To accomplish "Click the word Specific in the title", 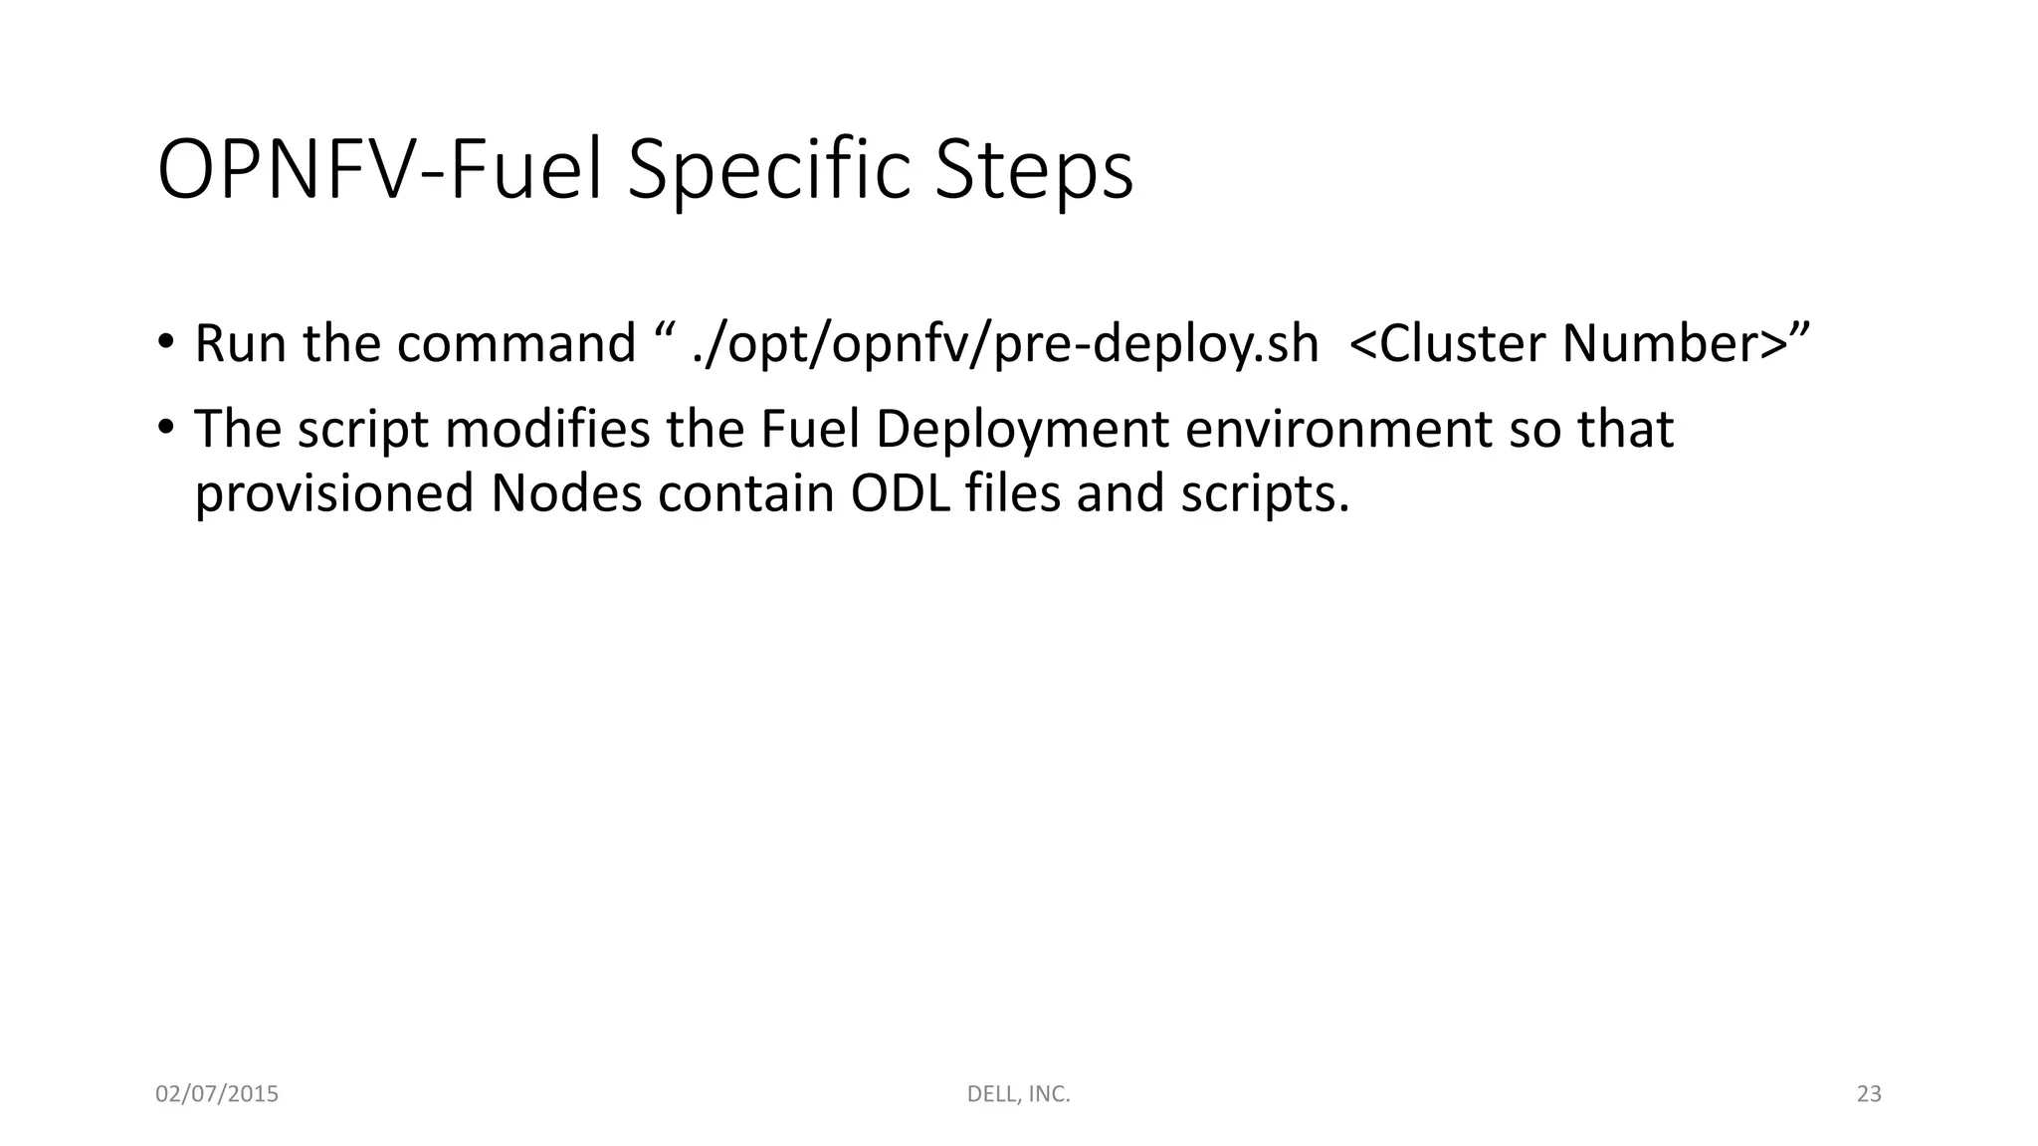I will (x=768, y=171).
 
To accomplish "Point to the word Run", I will (x=240, y=343).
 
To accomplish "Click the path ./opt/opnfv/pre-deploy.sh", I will (x=1005, y=345).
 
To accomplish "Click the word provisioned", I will (x=333, y=494).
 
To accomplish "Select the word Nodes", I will (x=566, y=492).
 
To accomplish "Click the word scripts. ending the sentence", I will (x=1265, y=494).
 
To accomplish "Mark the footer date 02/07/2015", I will (x=217, y=1094).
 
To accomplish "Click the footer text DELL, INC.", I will (x=1018, y=1094).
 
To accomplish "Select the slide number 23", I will (x=1869, y=1094).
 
